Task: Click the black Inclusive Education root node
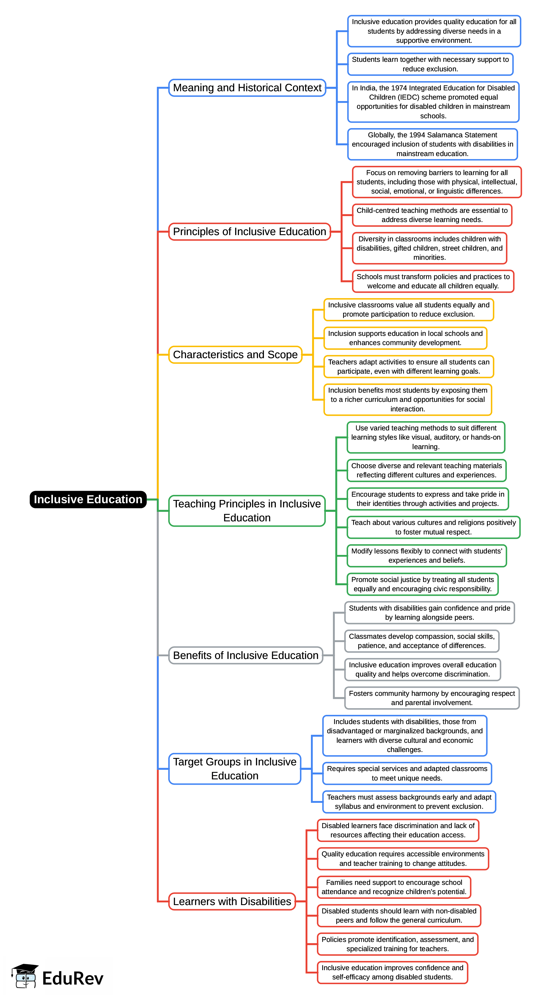pos(88,499)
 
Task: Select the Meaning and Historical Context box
pos(247,88)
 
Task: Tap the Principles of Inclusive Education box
pos(249,232)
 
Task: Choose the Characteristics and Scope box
pos(235,355)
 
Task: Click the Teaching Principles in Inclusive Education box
pos(247,510)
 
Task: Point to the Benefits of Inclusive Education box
pos(246,655)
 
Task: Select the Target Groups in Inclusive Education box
pos(235,768)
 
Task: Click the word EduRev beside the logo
pos(73,978)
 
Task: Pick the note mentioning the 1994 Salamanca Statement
pos(432,144)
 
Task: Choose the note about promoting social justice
pos(422,584)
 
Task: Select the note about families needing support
pos(394,887)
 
